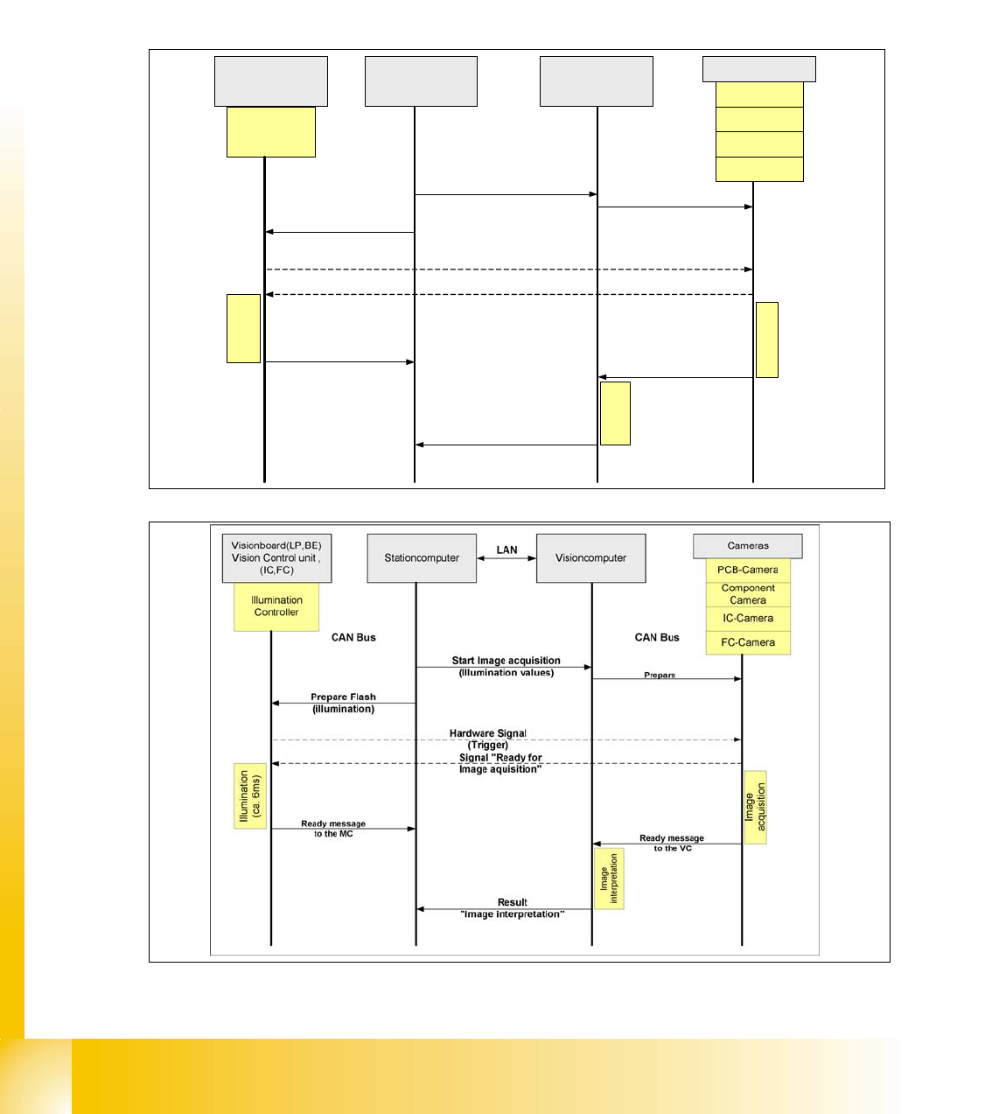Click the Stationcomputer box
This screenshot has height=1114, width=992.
point(422,558)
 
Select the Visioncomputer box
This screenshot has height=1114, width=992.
point(590,558)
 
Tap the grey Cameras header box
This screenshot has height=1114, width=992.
point(748,546)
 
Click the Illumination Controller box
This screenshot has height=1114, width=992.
point(276,606)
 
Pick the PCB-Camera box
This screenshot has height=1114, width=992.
point(748,570)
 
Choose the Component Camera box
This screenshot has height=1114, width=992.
point(748,594)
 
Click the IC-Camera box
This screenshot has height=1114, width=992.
point(748,619)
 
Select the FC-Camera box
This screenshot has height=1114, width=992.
point(748,642)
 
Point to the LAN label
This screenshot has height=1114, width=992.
point(506,550)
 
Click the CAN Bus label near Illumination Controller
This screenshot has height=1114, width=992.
point(353,638)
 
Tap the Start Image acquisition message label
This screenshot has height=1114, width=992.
point(506,662)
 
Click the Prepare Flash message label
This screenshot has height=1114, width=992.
point(343,697)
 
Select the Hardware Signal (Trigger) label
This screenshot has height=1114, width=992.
point(488,739)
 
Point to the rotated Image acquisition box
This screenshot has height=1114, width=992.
point(755,807)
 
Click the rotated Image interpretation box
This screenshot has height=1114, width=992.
point(609,878)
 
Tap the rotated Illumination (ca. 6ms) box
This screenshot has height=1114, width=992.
point(250,795)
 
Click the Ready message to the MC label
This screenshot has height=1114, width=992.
point(333,829)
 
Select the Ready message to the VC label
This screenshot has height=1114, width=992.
point(672,843)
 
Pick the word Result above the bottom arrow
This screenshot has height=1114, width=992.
point(513,902)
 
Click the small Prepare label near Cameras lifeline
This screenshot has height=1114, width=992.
point(660,675)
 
